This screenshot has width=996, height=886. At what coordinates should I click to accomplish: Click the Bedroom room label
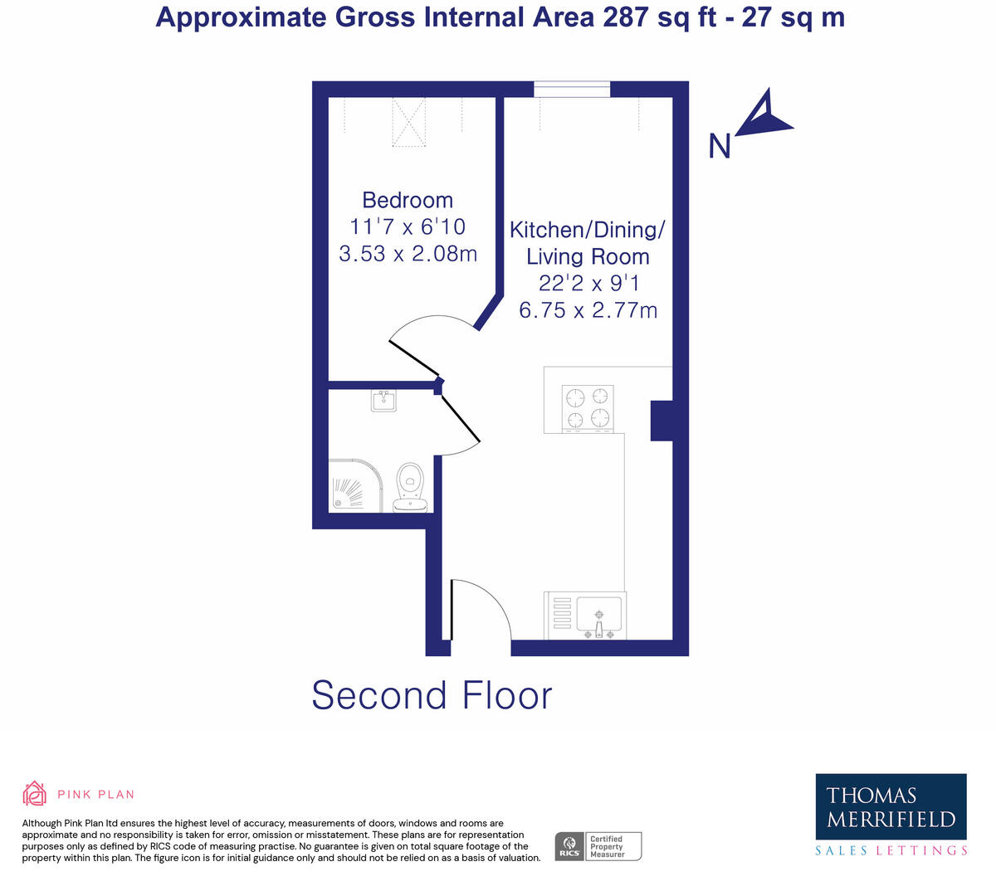408,200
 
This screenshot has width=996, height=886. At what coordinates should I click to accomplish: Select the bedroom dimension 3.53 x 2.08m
408,253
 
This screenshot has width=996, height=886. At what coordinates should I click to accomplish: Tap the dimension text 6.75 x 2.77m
588,310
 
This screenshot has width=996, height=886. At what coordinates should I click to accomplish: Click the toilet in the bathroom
410,487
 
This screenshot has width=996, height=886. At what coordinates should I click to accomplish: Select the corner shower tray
357,486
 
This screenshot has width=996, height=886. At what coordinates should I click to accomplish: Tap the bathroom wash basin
383,402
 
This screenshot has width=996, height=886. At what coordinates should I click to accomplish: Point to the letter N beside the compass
720,147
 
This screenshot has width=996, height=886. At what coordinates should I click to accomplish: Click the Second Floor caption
432,695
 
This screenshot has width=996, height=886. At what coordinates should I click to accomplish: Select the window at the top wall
572,89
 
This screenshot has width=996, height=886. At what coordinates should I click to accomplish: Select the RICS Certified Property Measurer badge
598,846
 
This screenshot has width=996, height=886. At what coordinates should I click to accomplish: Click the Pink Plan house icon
34,793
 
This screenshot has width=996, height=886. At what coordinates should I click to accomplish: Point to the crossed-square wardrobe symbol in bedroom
408,122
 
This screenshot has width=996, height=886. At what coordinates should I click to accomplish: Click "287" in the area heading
625,17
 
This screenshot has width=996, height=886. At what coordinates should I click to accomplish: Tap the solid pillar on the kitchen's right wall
662,421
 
